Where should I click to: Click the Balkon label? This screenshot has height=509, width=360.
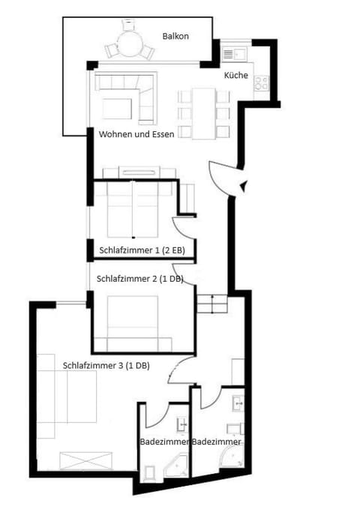[x=175, y=36]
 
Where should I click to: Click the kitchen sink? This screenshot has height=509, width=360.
[x=230, y=54]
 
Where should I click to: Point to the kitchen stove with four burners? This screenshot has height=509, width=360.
[x=262, y=83]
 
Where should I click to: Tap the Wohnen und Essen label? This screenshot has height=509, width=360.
[x=137, y=135]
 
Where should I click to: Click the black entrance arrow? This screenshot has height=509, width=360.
[x=243, y=187]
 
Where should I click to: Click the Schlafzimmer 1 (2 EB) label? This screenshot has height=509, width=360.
[x=142, y=250]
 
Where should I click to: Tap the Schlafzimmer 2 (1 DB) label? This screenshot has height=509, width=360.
[x=140, y=277]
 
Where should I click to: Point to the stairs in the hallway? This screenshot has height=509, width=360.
[x=211, y=305]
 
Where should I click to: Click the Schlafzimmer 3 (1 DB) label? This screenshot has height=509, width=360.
[x=106, y=365]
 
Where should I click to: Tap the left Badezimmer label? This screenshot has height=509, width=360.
[x=165, y=443]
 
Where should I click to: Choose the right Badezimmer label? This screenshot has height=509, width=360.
[x=217, y=443]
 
